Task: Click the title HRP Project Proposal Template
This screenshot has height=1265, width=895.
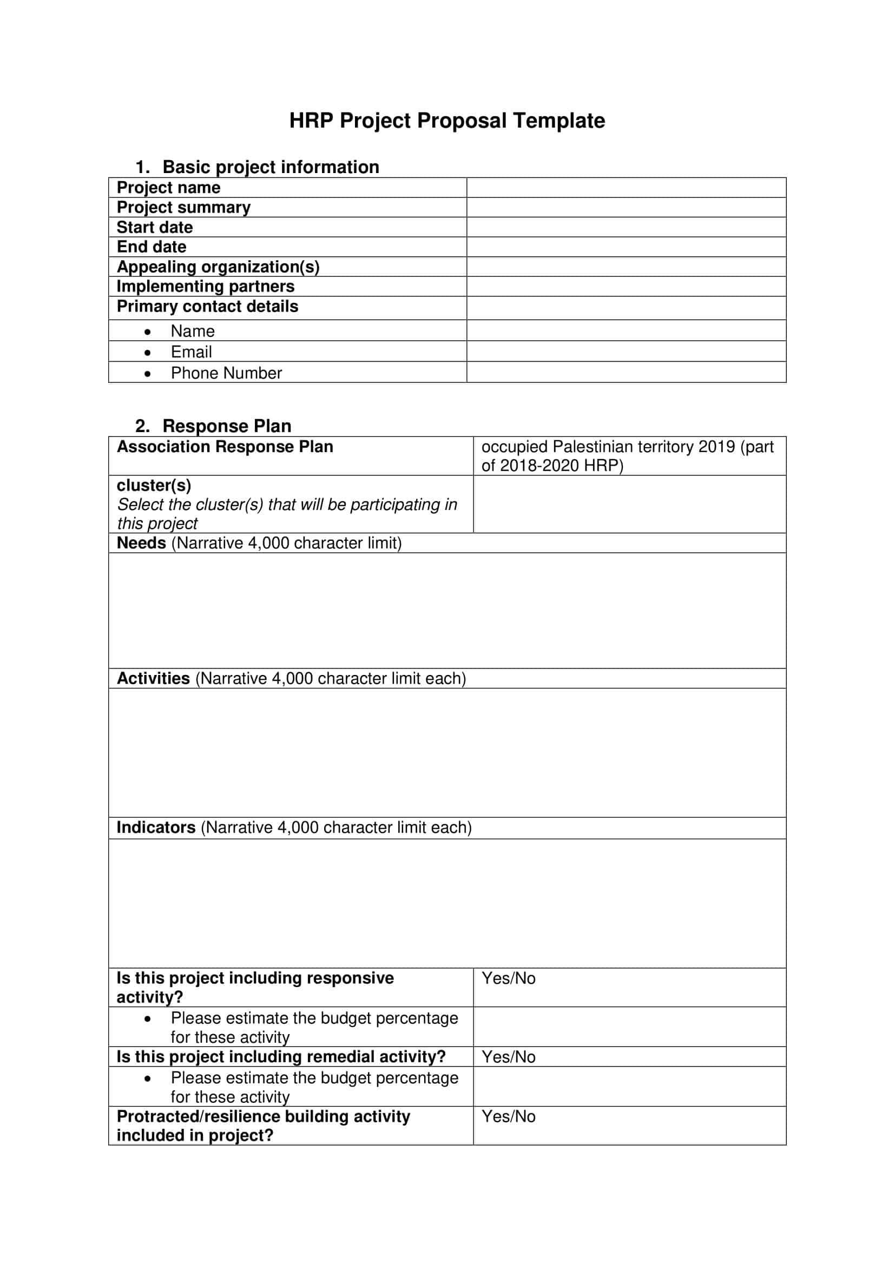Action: tap(447, 121)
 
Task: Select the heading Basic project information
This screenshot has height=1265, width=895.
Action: tap(271, 167)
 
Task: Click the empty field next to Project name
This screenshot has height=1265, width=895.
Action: tap(626, 188)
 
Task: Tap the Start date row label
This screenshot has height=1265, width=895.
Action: tap(155, 227)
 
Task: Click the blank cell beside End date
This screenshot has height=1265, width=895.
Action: tap(626, 247)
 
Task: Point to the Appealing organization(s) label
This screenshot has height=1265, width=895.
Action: tap(218, 267)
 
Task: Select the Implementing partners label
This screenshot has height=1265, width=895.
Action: tap(206, 287)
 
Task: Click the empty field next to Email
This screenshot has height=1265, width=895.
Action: tap(626, 352)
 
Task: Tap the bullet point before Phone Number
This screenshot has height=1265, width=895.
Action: tap(147, 374)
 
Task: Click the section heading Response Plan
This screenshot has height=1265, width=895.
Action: tap(227, 426)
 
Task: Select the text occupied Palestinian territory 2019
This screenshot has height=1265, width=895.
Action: tap(608, 447)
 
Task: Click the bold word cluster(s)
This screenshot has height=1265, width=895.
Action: tap(154, 485)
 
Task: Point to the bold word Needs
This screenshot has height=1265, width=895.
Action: tap(141, 543)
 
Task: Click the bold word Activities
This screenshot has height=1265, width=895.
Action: tap(153, 678)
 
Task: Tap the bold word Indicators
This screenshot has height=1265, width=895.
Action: tap(156, 827)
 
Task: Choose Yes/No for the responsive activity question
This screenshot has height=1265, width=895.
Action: tap(508, 978)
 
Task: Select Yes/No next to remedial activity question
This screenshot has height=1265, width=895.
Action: tap(508, 1057)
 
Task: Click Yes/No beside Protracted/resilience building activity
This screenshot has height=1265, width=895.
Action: tap(508, 1117)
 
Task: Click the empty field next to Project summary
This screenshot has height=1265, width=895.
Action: tap(626, 208)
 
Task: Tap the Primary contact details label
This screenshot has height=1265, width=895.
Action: tap(207, 306)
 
